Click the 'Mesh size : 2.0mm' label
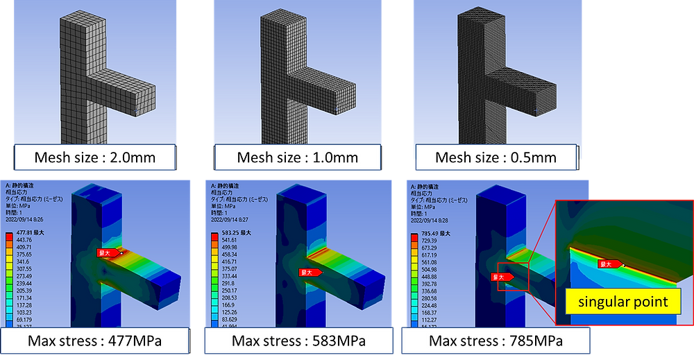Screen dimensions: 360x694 pyautogui.click(x=94, y=157)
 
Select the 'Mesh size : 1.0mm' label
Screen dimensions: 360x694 pyautogui.click(x=298, y=157)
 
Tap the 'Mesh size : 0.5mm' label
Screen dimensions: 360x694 pyautogui.click(x=496, y=157)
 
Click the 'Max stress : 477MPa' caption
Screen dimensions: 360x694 pyautogui.click(x=95, y=341)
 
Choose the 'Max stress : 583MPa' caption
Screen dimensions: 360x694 pyautogui.click(x=298, y=341)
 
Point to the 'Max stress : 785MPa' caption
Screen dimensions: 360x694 pyautogui.click(x=496, y=341)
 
